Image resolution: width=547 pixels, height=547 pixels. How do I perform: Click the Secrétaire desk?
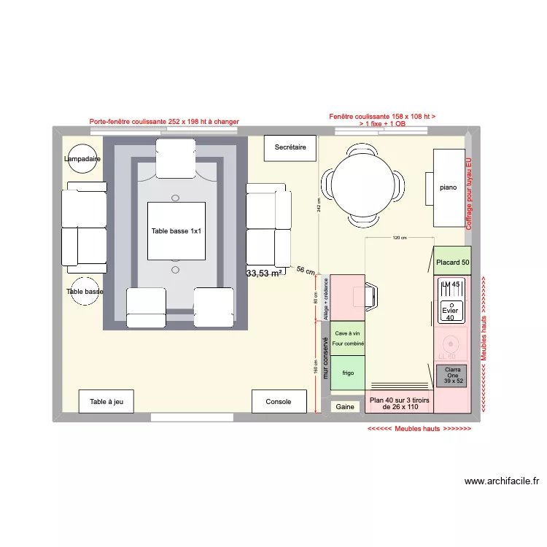290,147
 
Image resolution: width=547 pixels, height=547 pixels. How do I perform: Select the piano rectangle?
449,187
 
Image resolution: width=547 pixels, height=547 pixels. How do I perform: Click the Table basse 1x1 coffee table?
176,230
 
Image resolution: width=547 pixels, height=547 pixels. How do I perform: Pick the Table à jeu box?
106,402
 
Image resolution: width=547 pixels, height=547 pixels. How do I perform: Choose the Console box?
279,402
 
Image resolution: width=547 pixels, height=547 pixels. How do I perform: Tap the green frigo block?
347,373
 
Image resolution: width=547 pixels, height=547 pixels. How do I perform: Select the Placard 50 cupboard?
452,261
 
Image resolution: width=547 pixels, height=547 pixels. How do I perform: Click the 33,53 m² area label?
264,273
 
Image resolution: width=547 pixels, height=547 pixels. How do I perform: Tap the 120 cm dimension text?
399,238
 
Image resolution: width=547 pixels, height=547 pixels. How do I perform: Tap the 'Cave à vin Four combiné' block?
347,338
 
